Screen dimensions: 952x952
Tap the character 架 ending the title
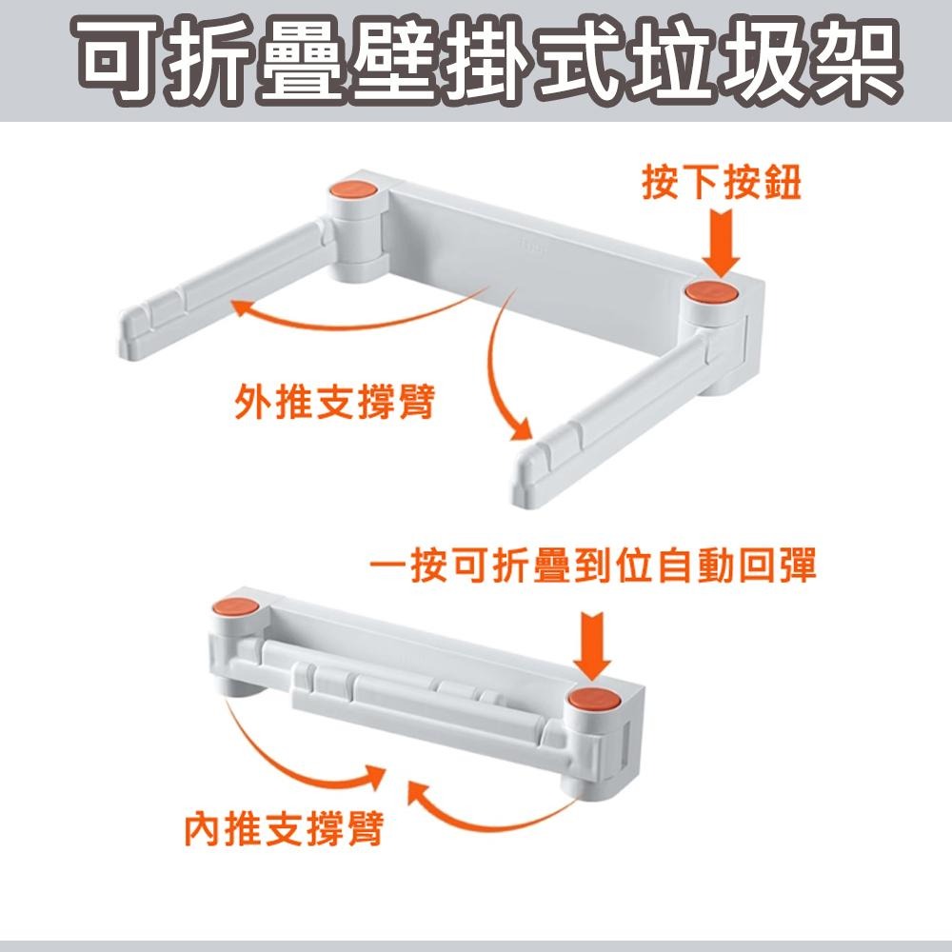(x=851, y=62)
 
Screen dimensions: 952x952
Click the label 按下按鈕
(x=721, y=185)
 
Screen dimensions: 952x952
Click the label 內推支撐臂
(x=284, y=829)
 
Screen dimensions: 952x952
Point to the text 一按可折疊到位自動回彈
(x=592, y=569)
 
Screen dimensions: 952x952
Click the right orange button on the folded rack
(x=593, y=703)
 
